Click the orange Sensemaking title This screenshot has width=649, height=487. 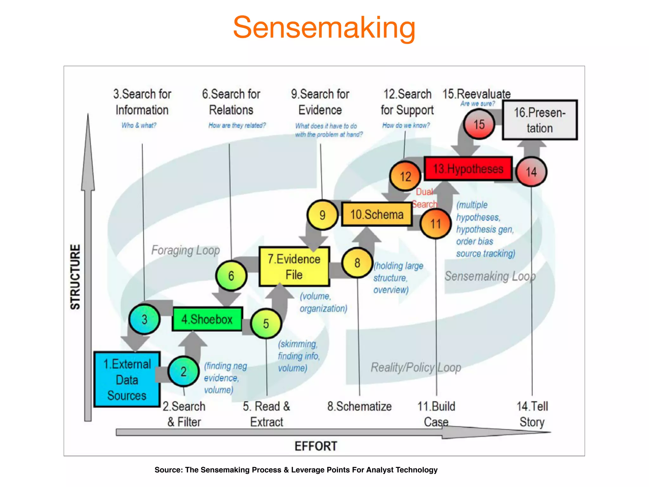pos(324,28)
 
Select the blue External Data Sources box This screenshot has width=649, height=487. pos(127,380)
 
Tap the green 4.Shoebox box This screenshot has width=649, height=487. pos(207,319)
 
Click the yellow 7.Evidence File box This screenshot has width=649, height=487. pos(294,267)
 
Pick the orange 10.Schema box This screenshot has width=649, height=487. pos(376,215)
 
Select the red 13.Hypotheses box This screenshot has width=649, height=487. pos(468,169)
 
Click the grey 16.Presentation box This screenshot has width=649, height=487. pos(539,120)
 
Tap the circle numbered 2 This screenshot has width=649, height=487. pos(183,372)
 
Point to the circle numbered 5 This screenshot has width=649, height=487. pos(266,324)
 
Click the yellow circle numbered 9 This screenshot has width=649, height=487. pos(322,215)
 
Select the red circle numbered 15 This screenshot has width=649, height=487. pos(479,124)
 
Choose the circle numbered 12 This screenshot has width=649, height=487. pos(405,176)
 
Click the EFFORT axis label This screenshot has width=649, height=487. pos(316,446)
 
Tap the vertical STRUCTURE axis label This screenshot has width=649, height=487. pos(75,277)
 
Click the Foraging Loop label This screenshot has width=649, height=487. pos(185,250)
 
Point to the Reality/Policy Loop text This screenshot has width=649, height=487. pos(416,367)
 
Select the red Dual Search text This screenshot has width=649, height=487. pos(425,198)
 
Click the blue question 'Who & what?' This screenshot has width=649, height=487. pos(139,125)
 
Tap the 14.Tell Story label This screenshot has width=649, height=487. pos(532,414)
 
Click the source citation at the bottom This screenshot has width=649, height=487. pos(296,470)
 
